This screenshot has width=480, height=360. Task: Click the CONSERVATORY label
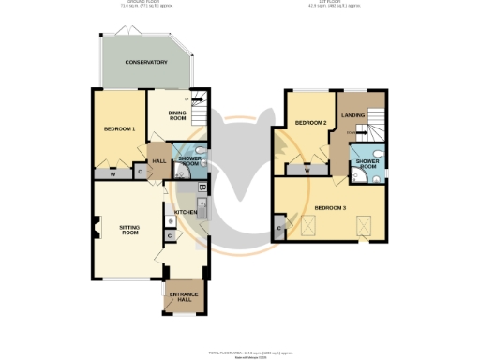tap(147, 62)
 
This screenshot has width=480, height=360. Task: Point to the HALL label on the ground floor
tap(159, 160)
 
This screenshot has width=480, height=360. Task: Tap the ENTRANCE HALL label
tap(183, 298)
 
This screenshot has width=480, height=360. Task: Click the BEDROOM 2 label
tap(310, 123)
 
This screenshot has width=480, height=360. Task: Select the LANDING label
tap(353, 115)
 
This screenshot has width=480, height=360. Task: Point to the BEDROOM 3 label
tap(330, 207)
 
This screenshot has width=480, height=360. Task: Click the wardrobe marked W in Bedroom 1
tap(112, 172)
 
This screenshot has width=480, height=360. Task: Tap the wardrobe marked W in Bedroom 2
tap(307, 171)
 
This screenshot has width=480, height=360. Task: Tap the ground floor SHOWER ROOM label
tap(191, 160)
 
